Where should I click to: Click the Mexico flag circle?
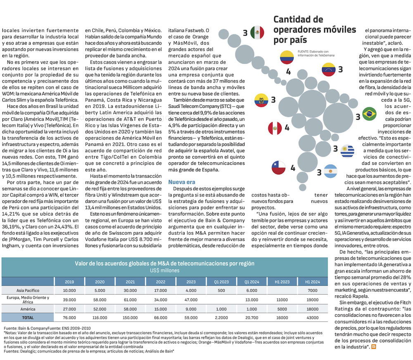257,33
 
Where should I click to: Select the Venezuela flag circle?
329,69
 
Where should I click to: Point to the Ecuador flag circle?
261,100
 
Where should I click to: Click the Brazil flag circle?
369,114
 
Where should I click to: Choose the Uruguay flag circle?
347,151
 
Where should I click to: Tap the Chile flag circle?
278,168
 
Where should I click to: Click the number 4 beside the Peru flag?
287,128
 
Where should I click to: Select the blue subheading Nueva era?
182,182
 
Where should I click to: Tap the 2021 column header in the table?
130,282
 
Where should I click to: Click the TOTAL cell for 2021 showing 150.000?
130,317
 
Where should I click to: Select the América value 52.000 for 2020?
100,309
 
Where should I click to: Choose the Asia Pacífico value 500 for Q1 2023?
221,290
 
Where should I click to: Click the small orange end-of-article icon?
374,347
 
